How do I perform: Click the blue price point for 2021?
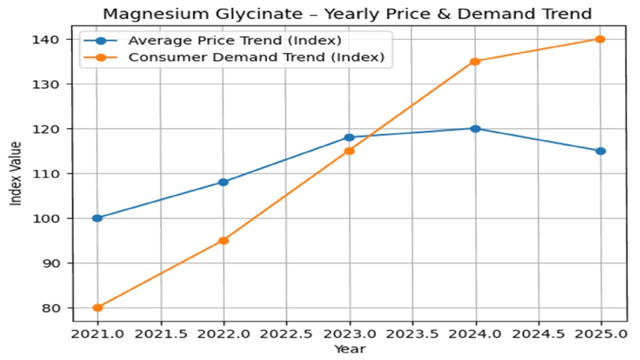[x=98, y=218]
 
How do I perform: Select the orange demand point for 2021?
[x=98, y=307]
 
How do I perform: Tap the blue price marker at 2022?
[x=223, y=182]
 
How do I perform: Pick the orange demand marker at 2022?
[x=223, y=240]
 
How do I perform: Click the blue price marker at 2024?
[x=475, y=128]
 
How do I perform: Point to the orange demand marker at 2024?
[x=475, y=61]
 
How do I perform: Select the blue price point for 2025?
[x=601, y=150]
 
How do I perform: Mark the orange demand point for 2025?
[x=601, y=39]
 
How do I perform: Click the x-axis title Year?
[x=350, y=349]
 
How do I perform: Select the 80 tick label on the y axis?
[x=54, y=307]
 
